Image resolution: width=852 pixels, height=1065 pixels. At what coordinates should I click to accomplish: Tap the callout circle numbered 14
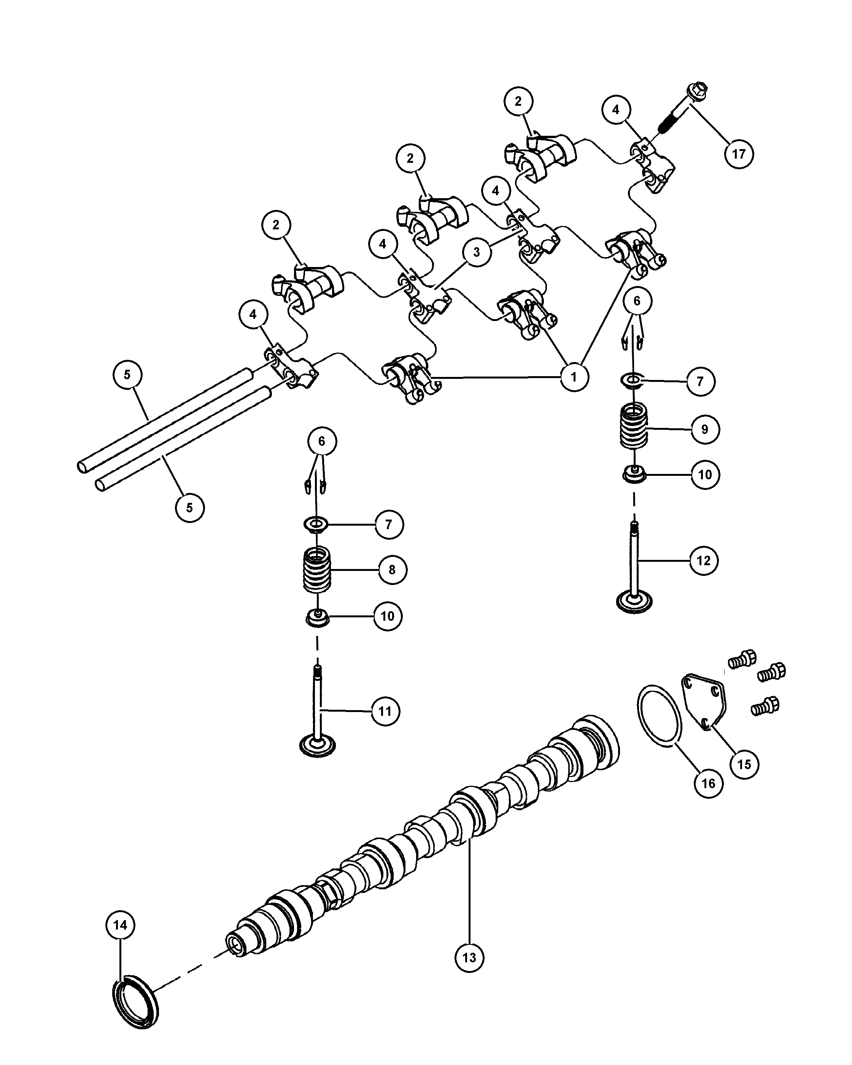coord(121,925)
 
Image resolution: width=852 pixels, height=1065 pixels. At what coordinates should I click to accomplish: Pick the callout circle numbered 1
coord(574,377)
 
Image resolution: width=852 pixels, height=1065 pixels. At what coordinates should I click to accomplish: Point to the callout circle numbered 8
coord(392,569)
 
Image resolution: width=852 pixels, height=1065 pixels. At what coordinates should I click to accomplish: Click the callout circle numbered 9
coord(705,429)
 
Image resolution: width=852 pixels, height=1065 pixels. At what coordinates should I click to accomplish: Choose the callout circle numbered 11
coord(385,711)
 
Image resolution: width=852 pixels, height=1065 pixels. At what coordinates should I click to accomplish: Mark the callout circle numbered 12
coord(704,560)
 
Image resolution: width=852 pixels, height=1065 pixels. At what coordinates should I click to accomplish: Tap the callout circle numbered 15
coord(744,765)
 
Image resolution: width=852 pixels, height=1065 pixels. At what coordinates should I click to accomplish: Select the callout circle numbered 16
coord(708,784)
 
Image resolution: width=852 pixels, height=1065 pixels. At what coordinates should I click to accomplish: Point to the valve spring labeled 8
coord(316,571)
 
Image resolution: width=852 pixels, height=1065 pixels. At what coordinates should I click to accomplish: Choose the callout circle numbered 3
coord(476,252)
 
